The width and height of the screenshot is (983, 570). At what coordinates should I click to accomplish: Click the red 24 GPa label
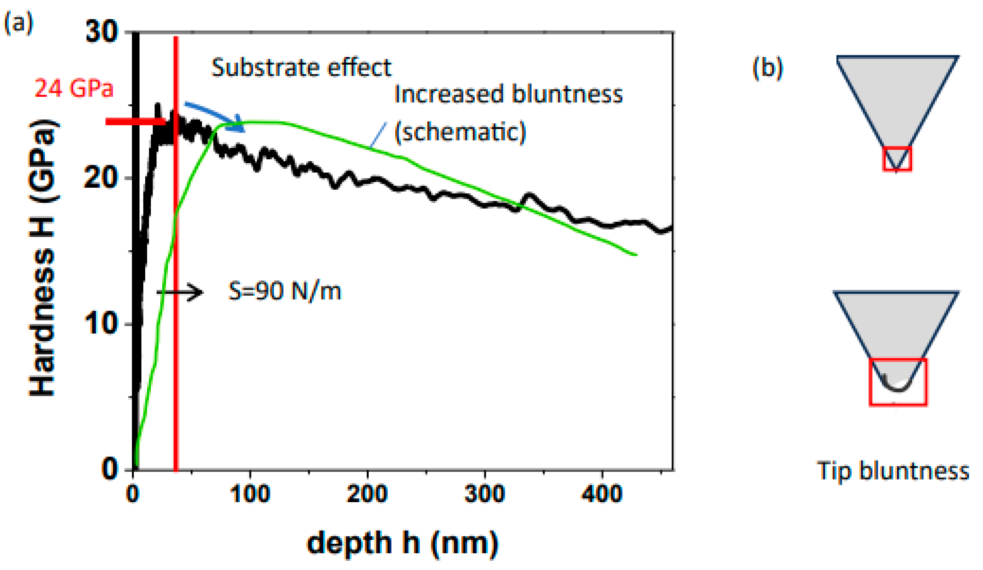click(x=74, y=88)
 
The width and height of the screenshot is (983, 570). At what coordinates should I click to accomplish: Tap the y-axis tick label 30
click(x=101, y=32)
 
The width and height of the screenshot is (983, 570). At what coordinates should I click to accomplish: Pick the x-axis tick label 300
click(x=485, y=494)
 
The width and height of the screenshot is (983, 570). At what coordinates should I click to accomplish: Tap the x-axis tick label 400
click(x=601, y=494)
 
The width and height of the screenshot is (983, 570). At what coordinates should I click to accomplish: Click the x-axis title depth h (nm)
click(x=402, y=543)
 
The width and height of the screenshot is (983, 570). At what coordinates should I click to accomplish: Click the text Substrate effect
click(x=301, y=68)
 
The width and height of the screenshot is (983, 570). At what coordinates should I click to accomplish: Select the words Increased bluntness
click(x=508, y=94)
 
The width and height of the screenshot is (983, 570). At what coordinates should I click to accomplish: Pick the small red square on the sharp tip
click(x=897, y=158)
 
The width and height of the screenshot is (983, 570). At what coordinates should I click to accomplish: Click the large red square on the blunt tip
click(x=898, y=382)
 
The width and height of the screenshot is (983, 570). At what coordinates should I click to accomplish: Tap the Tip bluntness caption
click(x=893, y=471)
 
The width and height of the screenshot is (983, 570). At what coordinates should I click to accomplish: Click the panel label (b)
click(x=767, y=68)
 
